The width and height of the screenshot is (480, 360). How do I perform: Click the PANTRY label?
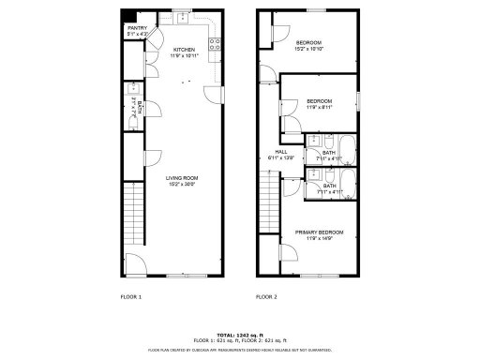136,28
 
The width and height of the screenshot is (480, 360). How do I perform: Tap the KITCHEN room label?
183,49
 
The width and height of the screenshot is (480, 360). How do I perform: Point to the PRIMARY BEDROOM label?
319,232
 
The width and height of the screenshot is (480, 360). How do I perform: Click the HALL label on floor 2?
280,152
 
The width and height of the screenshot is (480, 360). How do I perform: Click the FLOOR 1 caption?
131,296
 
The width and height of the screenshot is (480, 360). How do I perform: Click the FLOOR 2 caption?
266,296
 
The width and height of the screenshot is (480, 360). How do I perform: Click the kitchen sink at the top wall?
180,19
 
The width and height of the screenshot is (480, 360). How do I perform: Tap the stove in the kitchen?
216,42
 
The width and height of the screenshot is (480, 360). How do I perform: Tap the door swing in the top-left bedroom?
275,34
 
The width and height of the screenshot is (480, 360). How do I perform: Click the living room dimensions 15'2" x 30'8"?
181,184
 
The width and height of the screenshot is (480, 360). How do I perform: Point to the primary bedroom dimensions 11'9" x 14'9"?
319,239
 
